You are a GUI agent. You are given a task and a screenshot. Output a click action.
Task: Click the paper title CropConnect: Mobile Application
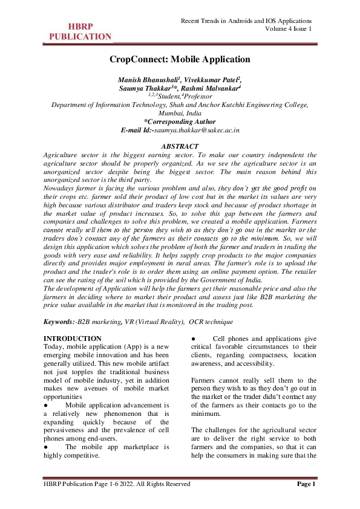[180, 59]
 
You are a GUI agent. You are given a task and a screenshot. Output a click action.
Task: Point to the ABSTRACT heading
[180, 147]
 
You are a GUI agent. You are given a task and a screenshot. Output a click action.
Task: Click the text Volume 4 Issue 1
[289, 29]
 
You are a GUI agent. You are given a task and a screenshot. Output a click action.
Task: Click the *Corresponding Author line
[180, 122]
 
